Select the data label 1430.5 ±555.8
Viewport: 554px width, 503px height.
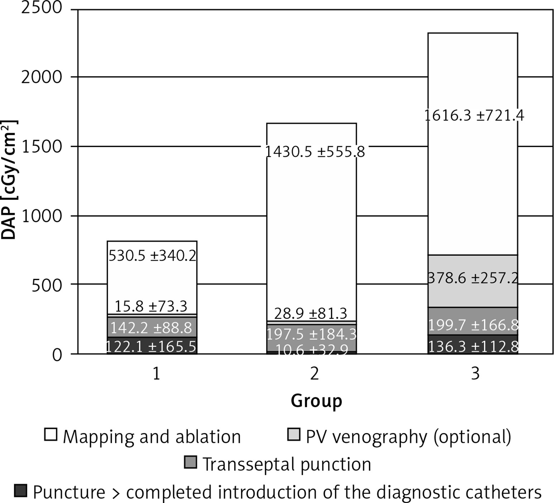point(314,152)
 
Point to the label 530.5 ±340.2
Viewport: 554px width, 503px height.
point(152,256)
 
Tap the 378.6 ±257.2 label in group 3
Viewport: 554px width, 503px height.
point(473,278)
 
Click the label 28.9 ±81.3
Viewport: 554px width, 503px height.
point(311,314)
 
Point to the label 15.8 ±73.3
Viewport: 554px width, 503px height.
point(151,307)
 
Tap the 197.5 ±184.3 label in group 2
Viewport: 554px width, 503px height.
point(311,334)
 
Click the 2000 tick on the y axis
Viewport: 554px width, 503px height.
point(42,77)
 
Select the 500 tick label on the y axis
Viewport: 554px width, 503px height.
point(47,286)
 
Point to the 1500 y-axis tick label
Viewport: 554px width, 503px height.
point(42,147)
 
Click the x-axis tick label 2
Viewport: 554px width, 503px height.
point(314,374)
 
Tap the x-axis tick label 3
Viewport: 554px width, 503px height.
point(475,374)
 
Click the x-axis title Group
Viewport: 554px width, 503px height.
point(316,401)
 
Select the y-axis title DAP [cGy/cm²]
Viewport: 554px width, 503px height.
point(9,179)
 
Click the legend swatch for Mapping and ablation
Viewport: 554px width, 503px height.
point(51,434)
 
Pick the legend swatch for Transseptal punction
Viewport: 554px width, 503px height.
point(190,462)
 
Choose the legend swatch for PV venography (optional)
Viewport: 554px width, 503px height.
point(294,434)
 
